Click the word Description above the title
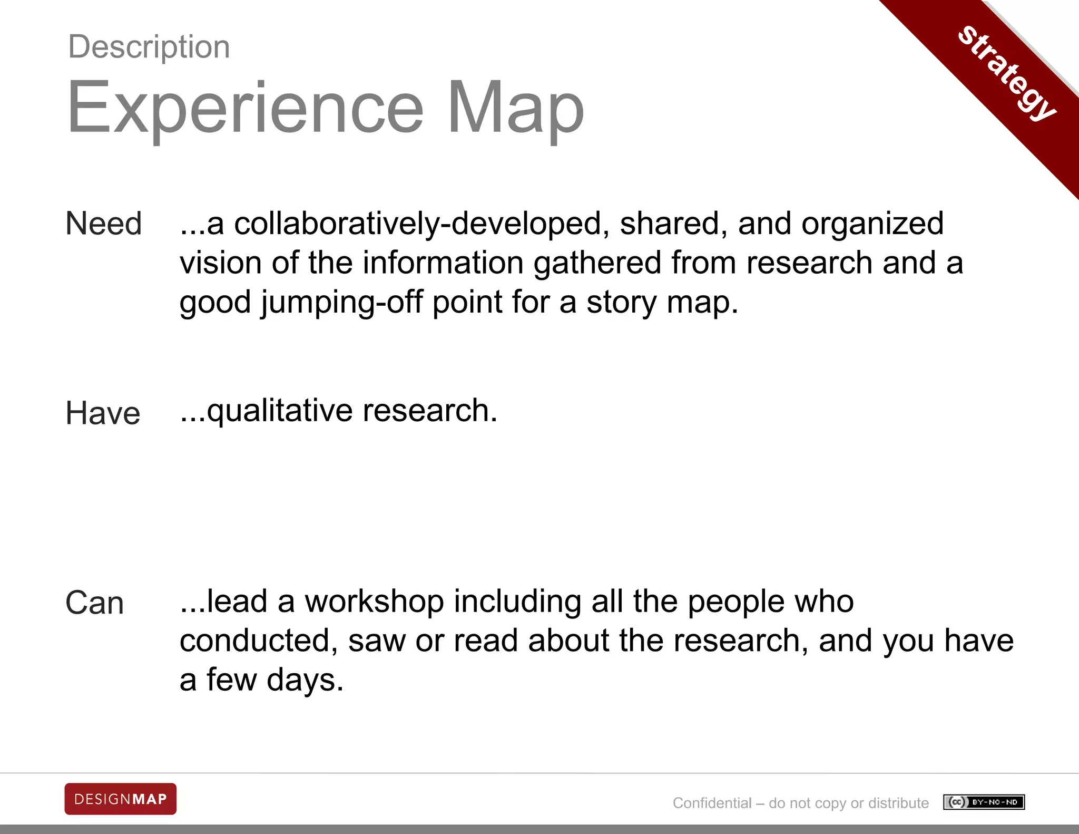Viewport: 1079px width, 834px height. coord(149,47)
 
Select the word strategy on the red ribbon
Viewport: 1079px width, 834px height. coord(1007,72)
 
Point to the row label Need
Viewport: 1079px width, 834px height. coord(104,224)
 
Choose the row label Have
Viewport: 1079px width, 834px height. coord(103,413)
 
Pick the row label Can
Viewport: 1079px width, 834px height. coord(95,603)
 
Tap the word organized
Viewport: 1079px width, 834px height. coord(872,224)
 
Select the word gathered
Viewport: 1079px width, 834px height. coord(597,263)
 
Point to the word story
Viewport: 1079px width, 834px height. coord(621,302)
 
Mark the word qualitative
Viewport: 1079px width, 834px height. coord(280,411)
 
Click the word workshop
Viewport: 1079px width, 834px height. coord(374,601)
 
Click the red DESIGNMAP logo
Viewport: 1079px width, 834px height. coord(121,799)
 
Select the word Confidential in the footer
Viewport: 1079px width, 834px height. coord(712,803)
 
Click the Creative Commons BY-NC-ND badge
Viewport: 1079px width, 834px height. coord(984,802)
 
